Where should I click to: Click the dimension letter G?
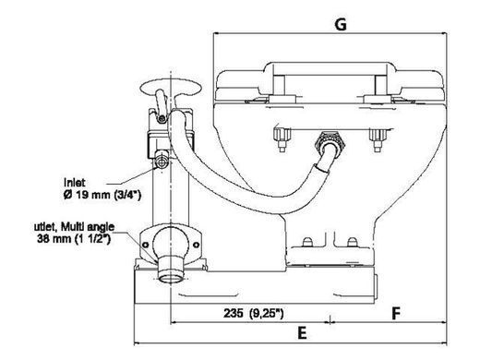pos(341,24)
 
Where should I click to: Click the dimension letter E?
pos(302,333)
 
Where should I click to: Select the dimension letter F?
pos(396,314)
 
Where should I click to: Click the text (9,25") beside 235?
pos(267,313)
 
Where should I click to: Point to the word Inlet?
pos(74,183)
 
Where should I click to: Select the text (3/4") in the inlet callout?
pos(127,195)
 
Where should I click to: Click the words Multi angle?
pos(88,227)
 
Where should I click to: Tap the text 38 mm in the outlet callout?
pos(54,238)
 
